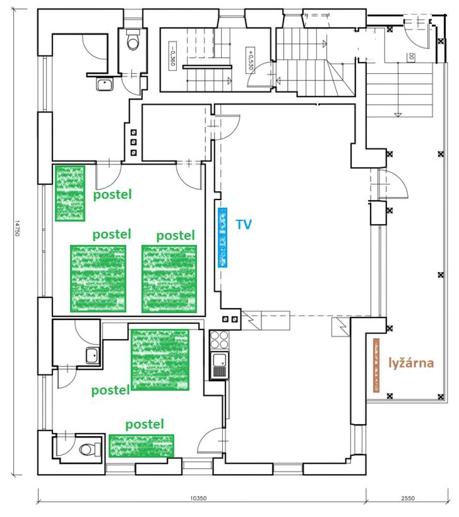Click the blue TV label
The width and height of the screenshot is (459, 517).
[x=244, y=224]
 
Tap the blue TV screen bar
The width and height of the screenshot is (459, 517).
[x=223, y=237]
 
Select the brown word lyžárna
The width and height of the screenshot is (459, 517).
[x=411, y=363]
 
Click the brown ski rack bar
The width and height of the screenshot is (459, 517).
[x=376, y=365]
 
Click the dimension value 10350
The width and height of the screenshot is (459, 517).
[x=198, y=498]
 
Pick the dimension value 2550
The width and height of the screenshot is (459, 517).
[x=408, y=498]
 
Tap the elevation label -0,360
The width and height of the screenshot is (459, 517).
[x=172, y=56]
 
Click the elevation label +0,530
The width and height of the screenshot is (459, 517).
[x=250, y=59]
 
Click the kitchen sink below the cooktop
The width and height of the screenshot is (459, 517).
[x=220, y=365]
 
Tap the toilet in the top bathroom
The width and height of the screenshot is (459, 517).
[x=133, y=40]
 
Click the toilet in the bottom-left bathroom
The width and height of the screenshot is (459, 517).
[x=90, y=449]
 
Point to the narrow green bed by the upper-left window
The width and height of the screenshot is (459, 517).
[x=70, y=193]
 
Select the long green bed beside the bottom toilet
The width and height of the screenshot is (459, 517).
[x=141, y=446]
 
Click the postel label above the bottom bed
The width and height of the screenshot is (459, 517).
[x=145, y=424]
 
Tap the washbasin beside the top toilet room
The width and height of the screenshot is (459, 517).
[x=105, y=85]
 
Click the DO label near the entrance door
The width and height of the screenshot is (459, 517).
[x=411, y=57]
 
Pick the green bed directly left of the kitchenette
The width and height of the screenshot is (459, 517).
[x=160, y=360]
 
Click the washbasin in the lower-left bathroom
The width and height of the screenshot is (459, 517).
[x=93, y=355]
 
